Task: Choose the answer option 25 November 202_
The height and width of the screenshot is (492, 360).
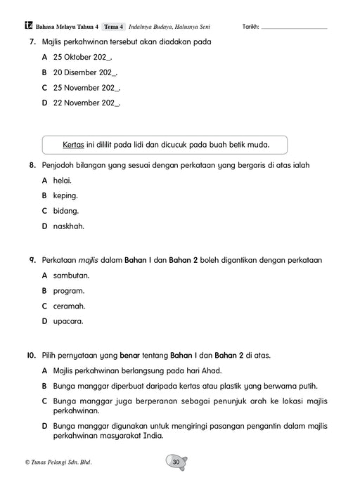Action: (x=86, y=88)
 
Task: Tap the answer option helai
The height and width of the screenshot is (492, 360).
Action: (x=63, y=181)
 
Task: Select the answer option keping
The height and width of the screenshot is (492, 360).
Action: (x=65, y=195)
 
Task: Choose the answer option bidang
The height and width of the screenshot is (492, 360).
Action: (x=65, y=211)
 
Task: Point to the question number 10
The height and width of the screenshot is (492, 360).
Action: (x=31, y=355)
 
